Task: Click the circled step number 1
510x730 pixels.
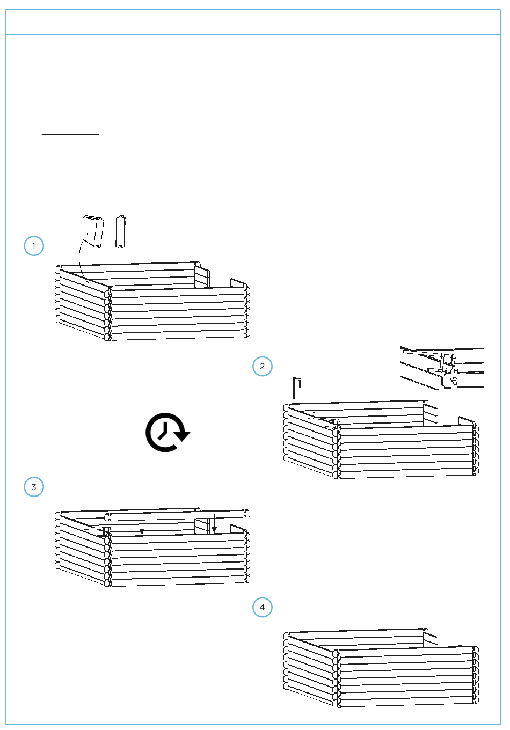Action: pyautogui.click(x=34, y=246)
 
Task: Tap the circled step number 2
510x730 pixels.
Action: pyautogui.click(x=263, y=366)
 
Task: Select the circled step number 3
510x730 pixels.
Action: pyautogui.click(x=34, y=487)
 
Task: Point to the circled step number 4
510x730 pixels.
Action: pyautogui.click(x=263, y=608)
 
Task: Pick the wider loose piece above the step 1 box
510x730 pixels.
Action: pyautogui.click(x=93, y=231)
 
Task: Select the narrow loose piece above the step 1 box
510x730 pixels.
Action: pyautogui.click(x=121, y=232)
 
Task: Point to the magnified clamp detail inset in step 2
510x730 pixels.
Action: pyautogui.click(x=442, y=369)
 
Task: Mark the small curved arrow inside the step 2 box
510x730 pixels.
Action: pyautogui.click(x=311, y=414)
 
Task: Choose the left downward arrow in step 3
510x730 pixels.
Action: pyautogui.click(x=142, y=525)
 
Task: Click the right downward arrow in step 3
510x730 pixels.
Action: pyautogui.click(x=214, y=523)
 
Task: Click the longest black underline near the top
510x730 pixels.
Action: pyautogui.click(x=74, y=60)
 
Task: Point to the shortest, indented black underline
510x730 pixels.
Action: pyautogui.click(x=70, y=134)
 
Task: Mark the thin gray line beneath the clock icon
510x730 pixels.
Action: pyautogui.click(x=166, y=455)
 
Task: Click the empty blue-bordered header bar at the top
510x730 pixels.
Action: pyautogui.click(x=253, y=22)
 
